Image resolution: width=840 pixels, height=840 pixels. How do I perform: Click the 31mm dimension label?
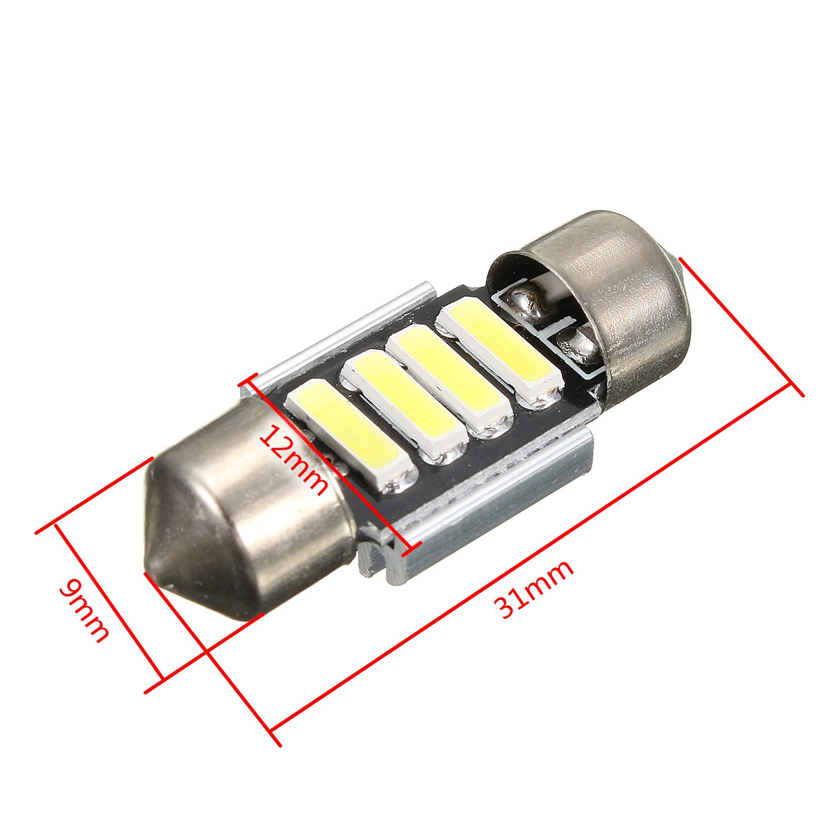tap(535, 588)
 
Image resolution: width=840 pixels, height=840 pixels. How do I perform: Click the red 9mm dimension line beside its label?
tap(108, 602)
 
